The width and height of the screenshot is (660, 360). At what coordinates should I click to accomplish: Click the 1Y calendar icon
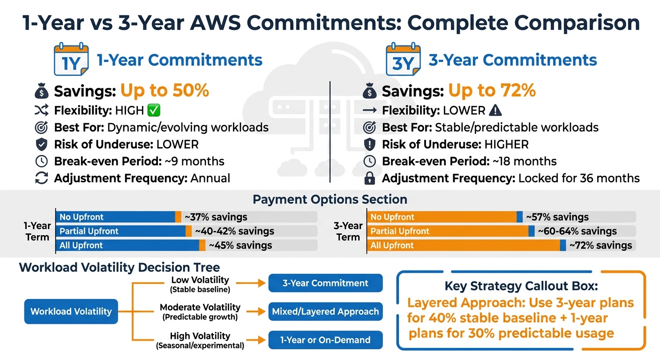point(71,60)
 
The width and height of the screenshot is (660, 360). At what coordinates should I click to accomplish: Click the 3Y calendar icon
point(403,60)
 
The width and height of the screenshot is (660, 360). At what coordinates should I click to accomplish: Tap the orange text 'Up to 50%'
point(165,90)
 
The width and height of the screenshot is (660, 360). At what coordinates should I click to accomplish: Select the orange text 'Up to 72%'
point(492,90)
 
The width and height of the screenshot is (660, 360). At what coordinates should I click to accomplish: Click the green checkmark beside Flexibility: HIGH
point(154,111)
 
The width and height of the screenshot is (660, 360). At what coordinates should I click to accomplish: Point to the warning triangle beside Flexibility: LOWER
point(495,111)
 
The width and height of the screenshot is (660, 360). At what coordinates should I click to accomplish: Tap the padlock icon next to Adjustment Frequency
point(370,178)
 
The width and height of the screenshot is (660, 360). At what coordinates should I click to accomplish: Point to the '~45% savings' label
point(240,245)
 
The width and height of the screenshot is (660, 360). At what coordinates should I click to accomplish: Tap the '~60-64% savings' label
point(577,231)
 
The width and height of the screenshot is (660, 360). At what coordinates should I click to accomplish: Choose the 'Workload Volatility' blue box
point(71,311)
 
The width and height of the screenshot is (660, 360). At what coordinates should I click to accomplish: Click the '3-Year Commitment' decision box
point(326,283)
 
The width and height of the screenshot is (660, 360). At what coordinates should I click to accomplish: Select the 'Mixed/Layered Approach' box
point(326,312)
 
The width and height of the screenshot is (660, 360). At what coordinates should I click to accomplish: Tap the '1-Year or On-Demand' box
point(326,340)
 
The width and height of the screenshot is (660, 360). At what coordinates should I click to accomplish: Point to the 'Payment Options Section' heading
point(330,200)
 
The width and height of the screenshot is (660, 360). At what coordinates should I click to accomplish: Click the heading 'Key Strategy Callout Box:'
point(521,286)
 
